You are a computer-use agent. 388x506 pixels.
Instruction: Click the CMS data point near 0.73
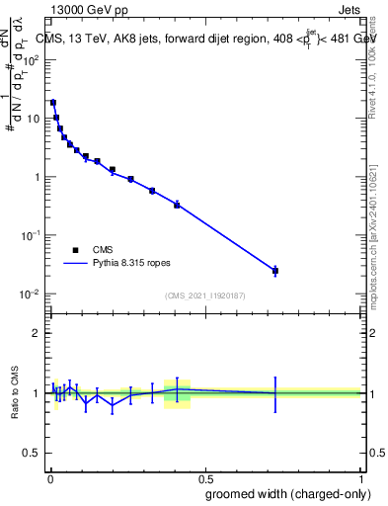(x=275, y=270)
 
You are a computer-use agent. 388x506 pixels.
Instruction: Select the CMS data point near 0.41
(x=177, y=205)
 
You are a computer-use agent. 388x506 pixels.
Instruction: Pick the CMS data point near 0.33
(x=152, y=190)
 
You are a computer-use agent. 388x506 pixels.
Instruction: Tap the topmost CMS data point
(x=53, y=102)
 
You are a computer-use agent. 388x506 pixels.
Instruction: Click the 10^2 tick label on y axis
(x=33, y=59)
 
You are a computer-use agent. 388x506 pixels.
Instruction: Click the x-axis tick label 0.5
(x=204, y=476)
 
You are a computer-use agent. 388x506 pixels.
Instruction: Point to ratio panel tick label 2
(x=38, y=333)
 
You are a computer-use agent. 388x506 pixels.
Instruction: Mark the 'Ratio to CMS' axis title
(x=14, y=393)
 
